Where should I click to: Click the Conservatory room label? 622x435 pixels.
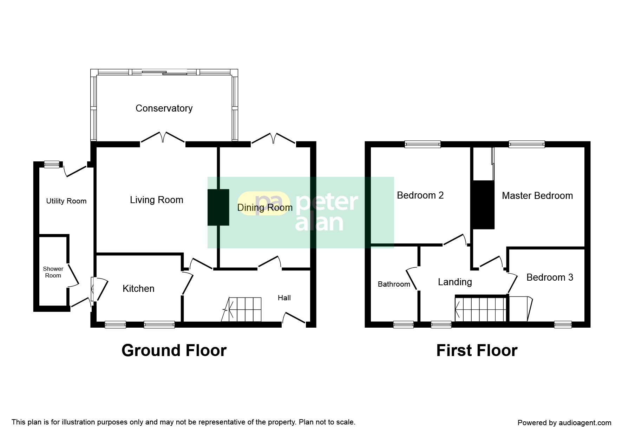[x=164, y=108]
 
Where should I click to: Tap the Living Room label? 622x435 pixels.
[x=157, y=200]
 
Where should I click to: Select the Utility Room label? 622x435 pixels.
[x=66, y=201]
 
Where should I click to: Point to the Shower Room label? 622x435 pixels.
[x=53, y=272]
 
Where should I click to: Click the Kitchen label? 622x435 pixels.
[x=138, y=289]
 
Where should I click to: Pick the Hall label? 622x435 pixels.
[x=284, y=298]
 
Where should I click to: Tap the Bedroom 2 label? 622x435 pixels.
[x=420, y=195]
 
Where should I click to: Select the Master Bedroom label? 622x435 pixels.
[x=537, y=196]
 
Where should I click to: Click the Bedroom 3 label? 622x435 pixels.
[x=550, y=277]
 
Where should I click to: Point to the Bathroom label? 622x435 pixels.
[x=394, y=284]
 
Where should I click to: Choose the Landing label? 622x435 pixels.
[x=455, y=282]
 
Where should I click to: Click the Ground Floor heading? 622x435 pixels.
[x=174, y=350]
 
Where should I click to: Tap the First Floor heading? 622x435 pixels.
[x=477, y=350]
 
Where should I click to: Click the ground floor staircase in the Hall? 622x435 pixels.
[x=242, y=309]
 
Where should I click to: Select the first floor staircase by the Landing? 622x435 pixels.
[x=481, y=309]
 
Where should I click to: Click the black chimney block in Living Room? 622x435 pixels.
[x=218, y=207]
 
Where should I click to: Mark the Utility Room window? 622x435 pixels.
[x=52, y=164]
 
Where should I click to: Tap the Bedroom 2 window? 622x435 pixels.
[x=423, y=144]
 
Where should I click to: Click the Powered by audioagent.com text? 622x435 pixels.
[x=564, y=423]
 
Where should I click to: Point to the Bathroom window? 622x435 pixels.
[x=404, y=324]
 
